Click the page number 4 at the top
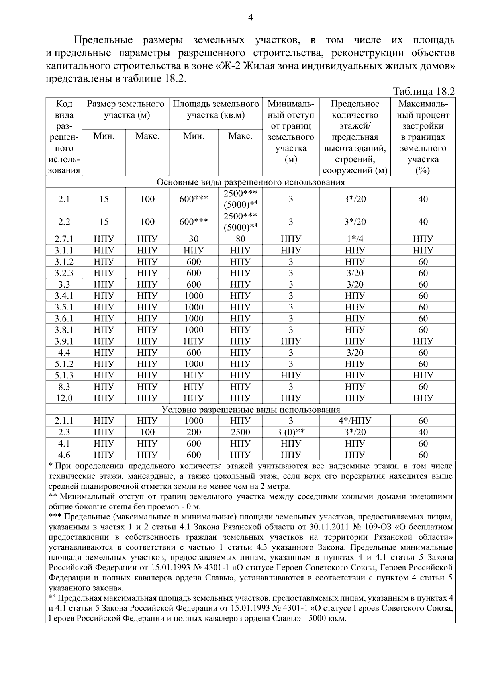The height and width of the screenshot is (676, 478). [x=250, y=17]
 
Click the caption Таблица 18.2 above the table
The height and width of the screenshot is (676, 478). [x=423, y=91]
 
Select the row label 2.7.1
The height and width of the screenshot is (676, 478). [x=64, y=239]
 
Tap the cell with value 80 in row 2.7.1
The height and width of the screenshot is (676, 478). [x=240, y=239]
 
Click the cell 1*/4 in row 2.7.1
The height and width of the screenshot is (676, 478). [x=355, y=239]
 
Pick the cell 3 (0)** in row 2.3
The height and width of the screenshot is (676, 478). [x=291, y=432]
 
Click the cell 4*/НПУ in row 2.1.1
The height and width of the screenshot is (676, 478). [x=355, y=421]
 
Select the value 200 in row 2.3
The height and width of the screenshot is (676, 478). [x=194, y=432]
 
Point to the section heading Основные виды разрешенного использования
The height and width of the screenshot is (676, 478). [x=250, y=182]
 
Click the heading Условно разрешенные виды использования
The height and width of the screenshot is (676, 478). [x=250, y=410]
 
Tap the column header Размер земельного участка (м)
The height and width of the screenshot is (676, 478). [x=125, y=110]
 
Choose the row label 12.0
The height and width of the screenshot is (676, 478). [x=64, y=398]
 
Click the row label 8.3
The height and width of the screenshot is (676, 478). [x=64, y=387]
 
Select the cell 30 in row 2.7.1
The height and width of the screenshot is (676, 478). [x=194, y=239]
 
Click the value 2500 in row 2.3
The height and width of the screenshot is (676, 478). [x=240, y=432]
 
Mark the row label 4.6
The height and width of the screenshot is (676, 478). [x=64, y=455]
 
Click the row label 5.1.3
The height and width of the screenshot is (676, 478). [x=64, y=375]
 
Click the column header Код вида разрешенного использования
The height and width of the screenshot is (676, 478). [x=64, y=137]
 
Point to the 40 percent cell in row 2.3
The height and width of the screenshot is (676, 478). [x=423, y=432]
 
